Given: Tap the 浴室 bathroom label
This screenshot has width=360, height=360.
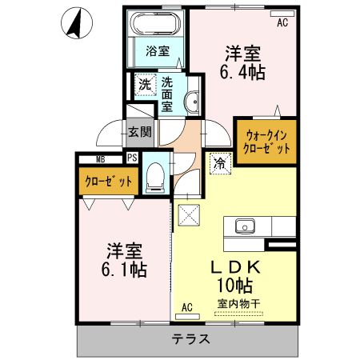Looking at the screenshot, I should (157, 52).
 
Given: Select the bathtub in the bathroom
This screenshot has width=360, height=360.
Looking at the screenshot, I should (157, 23).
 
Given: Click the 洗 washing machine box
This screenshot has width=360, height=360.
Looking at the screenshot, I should (144, 84).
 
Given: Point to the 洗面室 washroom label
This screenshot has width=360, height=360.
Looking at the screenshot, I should (167, 93).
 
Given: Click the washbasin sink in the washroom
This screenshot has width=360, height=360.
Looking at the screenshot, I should (192, 101).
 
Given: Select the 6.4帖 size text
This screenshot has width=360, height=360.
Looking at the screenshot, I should (244, 72).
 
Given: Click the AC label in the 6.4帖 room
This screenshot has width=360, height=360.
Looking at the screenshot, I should (282, 22).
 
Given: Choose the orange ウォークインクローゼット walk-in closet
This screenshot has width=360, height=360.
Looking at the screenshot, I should (263, 140).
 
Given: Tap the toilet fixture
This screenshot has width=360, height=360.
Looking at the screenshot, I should (157, 177).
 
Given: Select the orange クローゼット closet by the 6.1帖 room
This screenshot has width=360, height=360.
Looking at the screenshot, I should (108, 181).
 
